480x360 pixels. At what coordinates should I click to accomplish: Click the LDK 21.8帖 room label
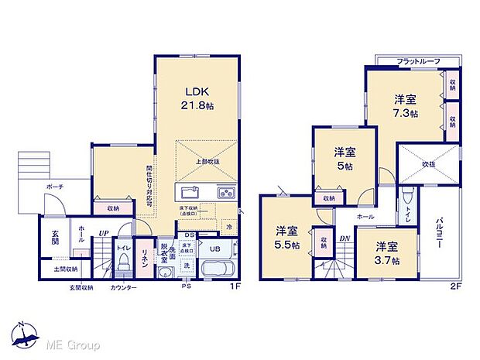(x=195, y=98)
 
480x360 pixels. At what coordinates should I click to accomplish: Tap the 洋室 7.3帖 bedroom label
(x=405, y=105)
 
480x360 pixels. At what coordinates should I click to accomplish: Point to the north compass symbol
(x=24, y=334)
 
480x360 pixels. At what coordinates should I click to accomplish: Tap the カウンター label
(x=123, y=288)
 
